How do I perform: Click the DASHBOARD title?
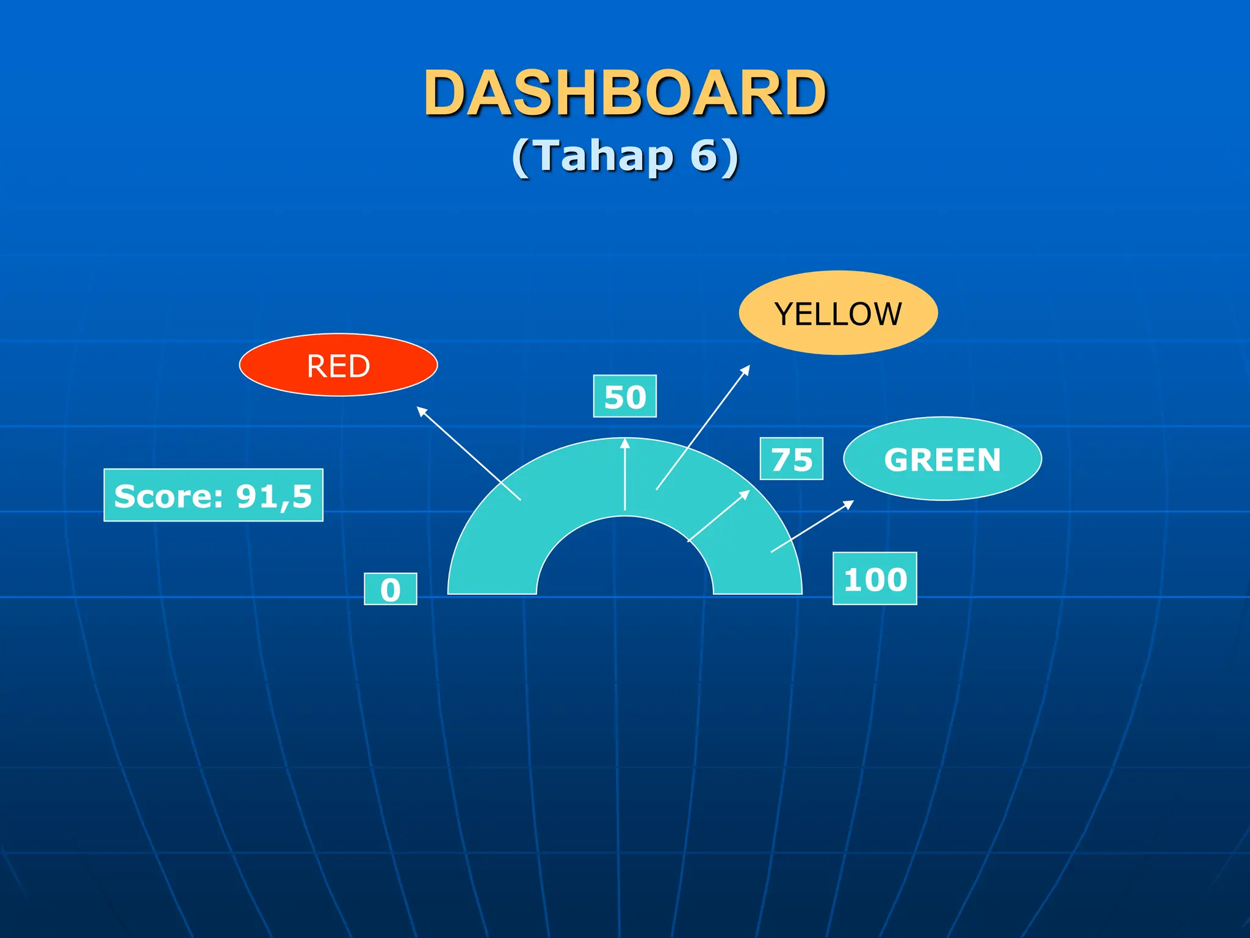[x=625, y=93]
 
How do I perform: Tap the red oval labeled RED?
[x=338, y=365]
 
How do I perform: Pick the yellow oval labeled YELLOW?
[x=838, y=313]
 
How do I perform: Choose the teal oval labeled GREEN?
[x=942, y=459]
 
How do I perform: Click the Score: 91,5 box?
[x=213, y=495]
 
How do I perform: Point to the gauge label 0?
[x=391, y=589]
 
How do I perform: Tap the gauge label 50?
[x=625, y=396]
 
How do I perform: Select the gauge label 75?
[x=792, y=459]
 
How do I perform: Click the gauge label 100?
[x=875, y=579]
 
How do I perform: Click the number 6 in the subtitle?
[x=704, y=156]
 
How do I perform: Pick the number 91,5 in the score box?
[x=274, y=496]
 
